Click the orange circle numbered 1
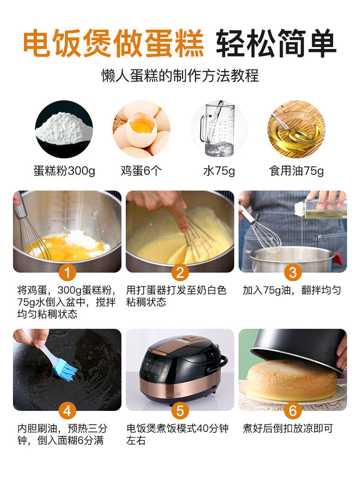67,273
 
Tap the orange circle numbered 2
180,273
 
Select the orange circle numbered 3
293,273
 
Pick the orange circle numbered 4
67,411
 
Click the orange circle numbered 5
180,411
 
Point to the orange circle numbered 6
293,411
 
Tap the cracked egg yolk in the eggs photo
142,128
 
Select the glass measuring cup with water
218,129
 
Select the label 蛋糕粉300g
64,171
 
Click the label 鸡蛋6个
142,171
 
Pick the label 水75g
218,171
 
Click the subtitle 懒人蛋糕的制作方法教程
180,75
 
